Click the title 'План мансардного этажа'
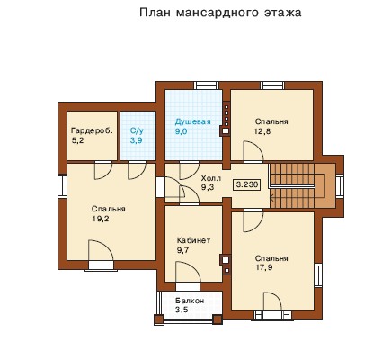pyautogui.click(x=220, y=13)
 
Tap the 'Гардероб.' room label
pyautogui.click(x=93, y=130)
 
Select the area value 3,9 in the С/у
pyautogui.click(x=137, y=140)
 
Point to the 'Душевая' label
pyautogui.click(x=192, y=121)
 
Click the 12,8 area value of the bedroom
pyautogui.click(x=262, y=131)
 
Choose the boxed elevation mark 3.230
pyautogui.click(x=247, y=184)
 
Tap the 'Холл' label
pyautogui.click(x=211, y=178)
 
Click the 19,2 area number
pyautogui.click(x=101, y=219)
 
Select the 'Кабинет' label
pyautogui.click(x=193, y=240)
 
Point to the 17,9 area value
pyautogui.click(x=264, y=267)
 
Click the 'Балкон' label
pyautogui.click(x=190, y=301)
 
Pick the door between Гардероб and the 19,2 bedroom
pyautogui.click(x=103, y=170)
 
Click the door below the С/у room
pyautogui.click(x=137, y=170)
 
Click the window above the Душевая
pyautogui.click(x=207, y=85)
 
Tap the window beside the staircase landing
pyautogui.click(x=340, y=185)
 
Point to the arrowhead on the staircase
pyautogui.click(x=271, y=197)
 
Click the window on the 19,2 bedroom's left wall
pyautogui.click(x=62, y=186)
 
